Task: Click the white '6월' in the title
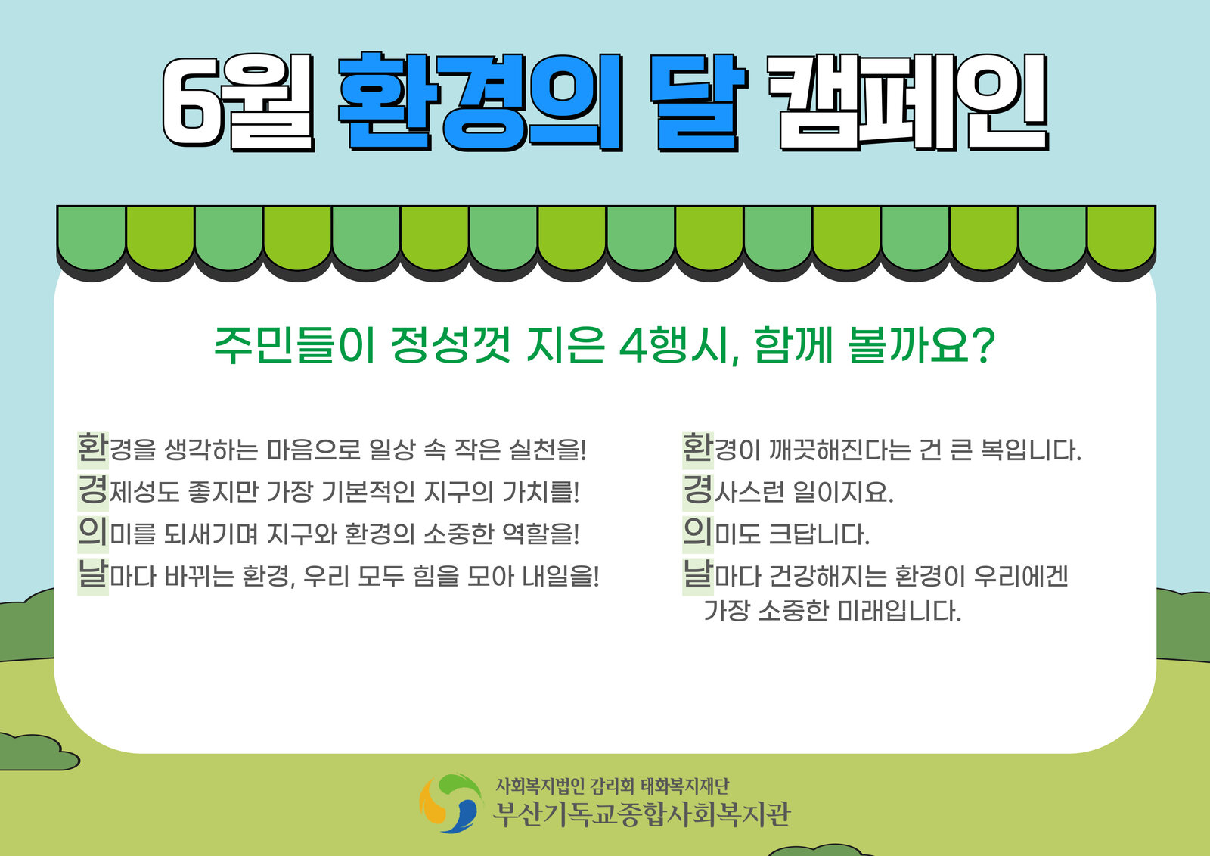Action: [x=238, y=101]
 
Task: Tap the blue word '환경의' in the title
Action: [x=480, y=101]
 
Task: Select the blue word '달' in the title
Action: [x=698, y=101]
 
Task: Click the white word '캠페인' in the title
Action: [x=908, y=101]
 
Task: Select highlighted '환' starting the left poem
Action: [x=93, y=448]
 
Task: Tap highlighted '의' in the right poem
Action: [x=698, y=532]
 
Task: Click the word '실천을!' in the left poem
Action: [x=548, y=450]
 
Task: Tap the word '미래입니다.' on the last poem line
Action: [x=899, y=611]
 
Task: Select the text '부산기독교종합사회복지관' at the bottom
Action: [x=642, y=814]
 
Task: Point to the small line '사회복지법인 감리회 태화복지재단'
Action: [x=613, y=786]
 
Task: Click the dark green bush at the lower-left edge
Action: [x=35, y=752]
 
